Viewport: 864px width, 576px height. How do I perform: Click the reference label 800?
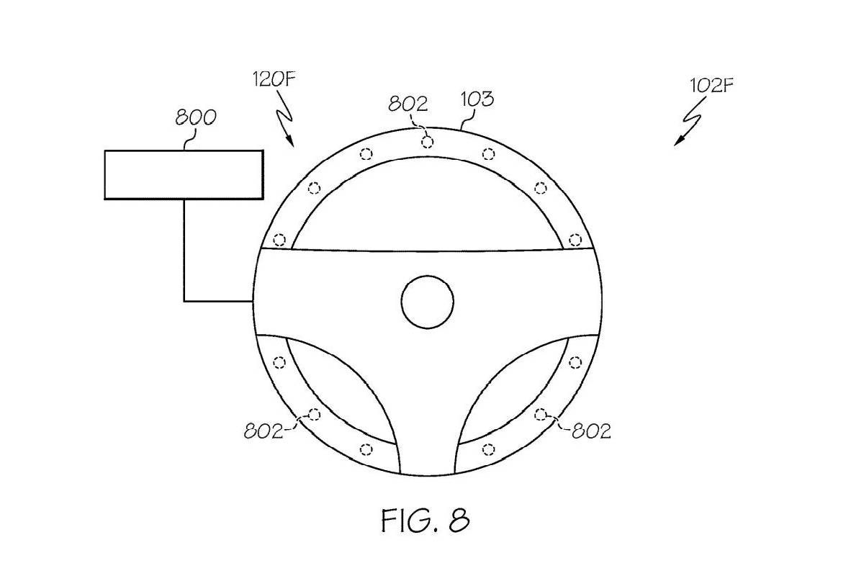pos(196,117)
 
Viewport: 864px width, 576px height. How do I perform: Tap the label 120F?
pos(274,79)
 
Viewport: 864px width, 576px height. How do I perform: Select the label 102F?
pos(711,86)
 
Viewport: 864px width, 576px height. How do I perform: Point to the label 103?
pos(477,99)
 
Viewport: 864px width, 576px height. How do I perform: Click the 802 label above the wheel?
pos(408,104)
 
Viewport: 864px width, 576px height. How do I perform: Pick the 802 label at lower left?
pos(264,431)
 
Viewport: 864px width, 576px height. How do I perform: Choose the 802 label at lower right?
pos(591,431)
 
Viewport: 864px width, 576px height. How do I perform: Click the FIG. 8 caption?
pos(426,521)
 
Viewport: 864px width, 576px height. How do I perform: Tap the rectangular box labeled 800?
pos(184,175)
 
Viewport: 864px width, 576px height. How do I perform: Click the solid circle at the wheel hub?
pos(428,302)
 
